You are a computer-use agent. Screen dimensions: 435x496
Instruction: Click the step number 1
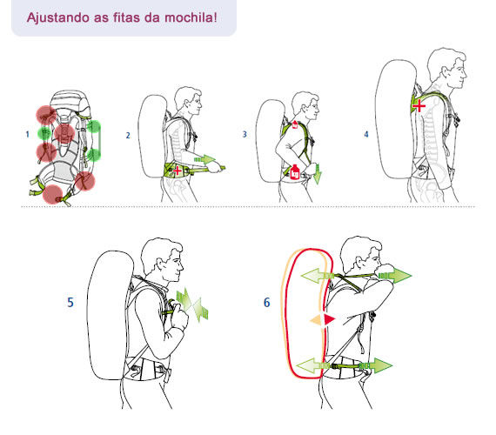[28, 135]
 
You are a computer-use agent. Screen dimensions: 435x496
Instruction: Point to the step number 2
[128, 136]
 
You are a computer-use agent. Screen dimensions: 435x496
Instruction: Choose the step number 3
[245, 136]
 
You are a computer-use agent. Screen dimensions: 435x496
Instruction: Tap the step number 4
[365, 136]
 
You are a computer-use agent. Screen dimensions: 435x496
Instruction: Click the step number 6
[266, 304]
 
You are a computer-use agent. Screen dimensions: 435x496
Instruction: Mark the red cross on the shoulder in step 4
[419, 106]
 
